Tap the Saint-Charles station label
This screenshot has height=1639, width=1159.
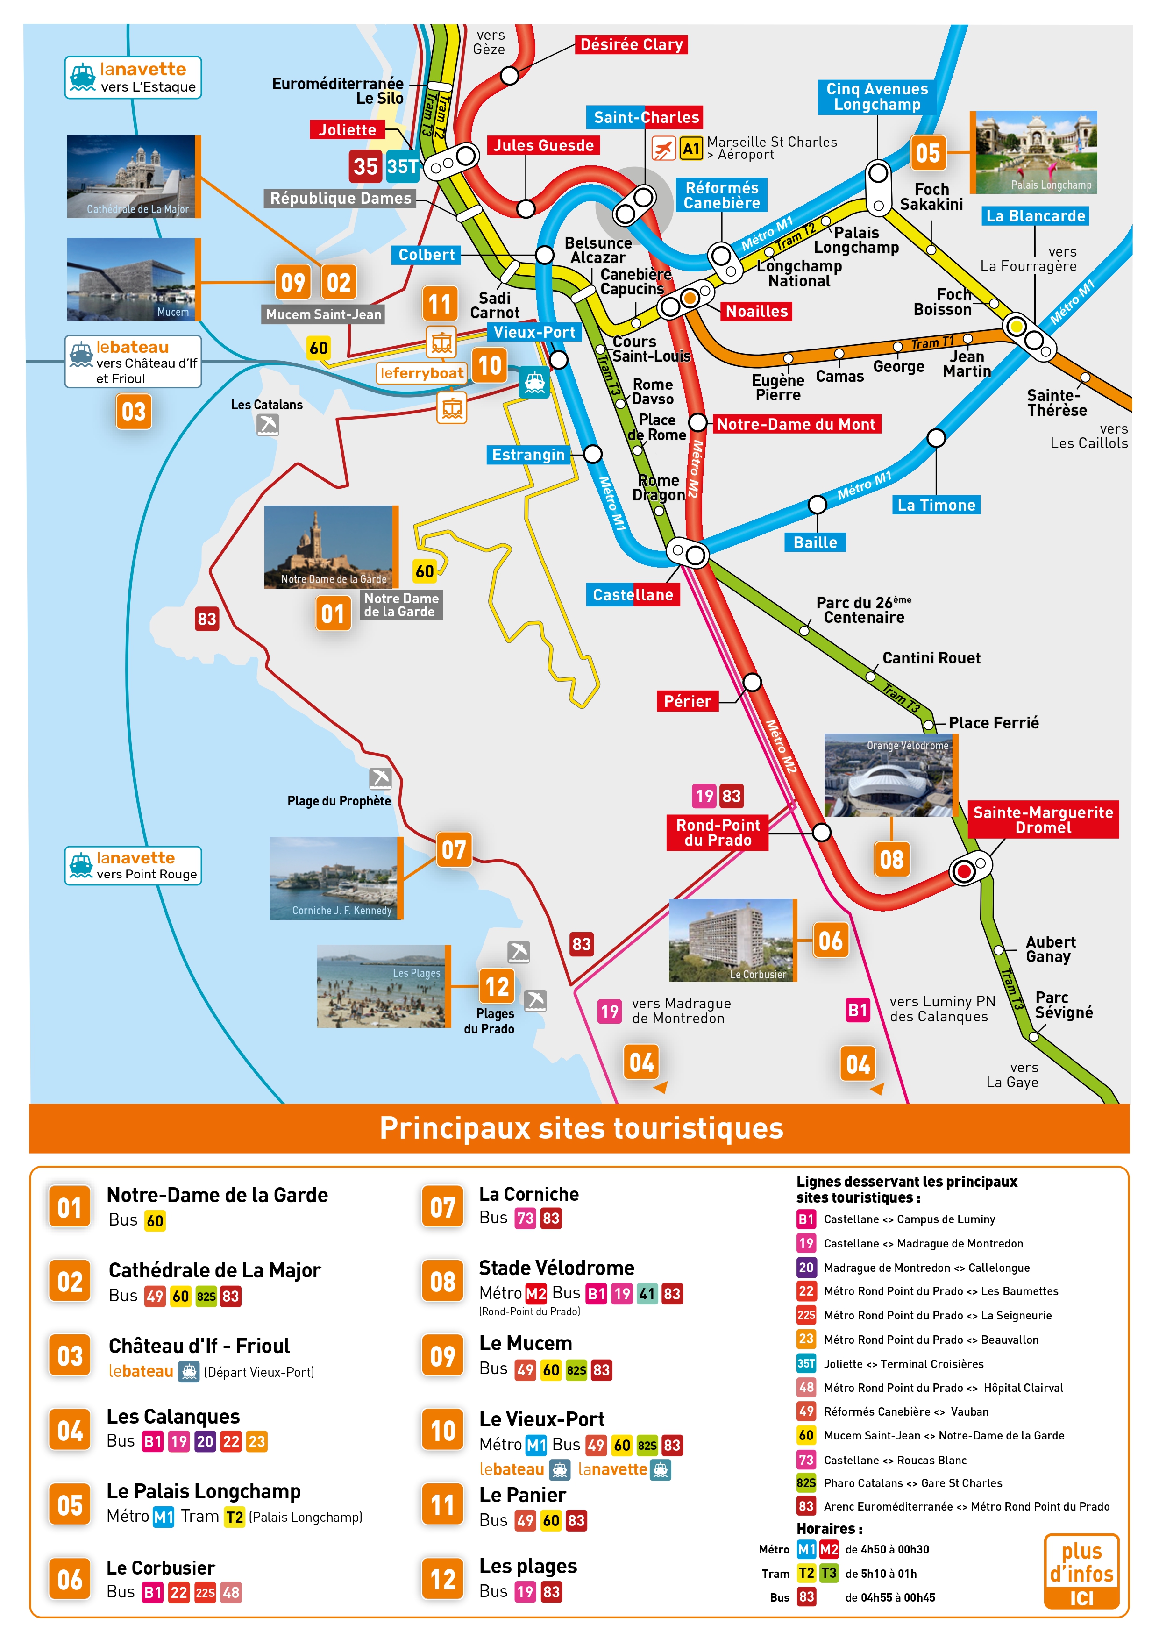click(x=646, y=117)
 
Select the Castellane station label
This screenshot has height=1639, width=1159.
click(x=633, y=595)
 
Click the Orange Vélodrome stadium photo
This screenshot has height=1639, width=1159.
click(x=889, y=775)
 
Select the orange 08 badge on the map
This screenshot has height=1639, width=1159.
click(x=891, y=860)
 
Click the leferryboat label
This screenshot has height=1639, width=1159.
click(x=422, y=373)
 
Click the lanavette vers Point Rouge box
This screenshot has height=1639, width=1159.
click(x=134, y=865)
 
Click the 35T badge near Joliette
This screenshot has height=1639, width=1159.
click(x=403, y=166)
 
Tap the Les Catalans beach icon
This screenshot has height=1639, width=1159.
click(x=268, y=425)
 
